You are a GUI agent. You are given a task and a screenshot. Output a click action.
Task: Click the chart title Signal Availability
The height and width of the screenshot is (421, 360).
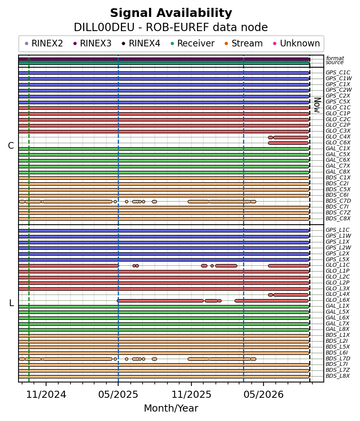coord(171,13)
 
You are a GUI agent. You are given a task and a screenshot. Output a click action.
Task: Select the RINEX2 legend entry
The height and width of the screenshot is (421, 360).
coord(44,43)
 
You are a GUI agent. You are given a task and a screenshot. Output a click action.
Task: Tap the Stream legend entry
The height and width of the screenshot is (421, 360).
coord(243,43)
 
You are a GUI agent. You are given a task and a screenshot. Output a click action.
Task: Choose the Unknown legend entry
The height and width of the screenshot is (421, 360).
coord(297,43)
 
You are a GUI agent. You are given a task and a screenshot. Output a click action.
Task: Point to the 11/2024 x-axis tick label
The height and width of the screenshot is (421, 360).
coord(46,394)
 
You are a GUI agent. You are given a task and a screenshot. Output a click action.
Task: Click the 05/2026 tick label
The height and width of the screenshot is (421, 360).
coord(264,394)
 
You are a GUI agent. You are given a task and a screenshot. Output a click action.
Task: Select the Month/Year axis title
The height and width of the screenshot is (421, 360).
coord(171,408)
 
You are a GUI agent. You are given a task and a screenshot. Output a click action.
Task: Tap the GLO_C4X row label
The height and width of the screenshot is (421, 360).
coord(338,137)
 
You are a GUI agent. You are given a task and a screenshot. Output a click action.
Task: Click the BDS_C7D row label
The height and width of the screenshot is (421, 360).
coord(338,201)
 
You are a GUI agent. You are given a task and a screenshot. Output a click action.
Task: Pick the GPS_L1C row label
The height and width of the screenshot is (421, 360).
coord(338,230)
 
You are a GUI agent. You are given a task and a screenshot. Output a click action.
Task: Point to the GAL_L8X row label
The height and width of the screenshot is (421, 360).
coord(338,329)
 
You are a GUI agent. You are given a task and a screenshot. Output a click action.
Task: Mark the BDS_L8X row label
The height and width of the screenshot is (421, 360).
coord(338,376)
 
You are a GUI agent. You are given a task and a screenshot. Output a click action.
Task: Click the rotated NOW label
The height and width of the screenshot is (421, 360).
coord(317,105)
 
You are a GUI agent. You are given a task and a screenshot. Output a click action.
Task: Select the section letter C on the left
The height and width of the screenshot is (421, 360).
coord(11,146)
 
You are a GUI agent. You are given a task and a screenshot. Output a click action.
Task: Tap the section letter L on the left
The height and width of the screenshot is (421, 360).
coord(11,303)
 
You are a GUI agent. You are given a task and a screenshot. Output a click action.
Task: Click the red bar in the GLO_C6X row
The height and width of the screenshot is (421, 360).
coord(288,143)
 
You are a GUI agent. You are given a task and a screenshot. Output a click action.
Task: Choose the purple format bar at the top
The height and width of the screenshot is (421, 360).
coord(164,59)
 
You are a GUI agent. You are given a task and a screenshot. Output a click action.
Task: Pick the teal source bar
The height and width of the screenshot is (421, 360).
coord(164,63)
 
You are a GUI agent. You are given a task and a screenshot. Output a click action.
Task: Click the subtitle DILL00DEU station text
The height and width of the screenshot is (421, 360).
coord(104,28)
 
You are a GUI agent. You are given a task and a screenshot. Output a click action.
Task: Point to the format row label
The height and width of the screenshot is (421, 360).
coord(335,58)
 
